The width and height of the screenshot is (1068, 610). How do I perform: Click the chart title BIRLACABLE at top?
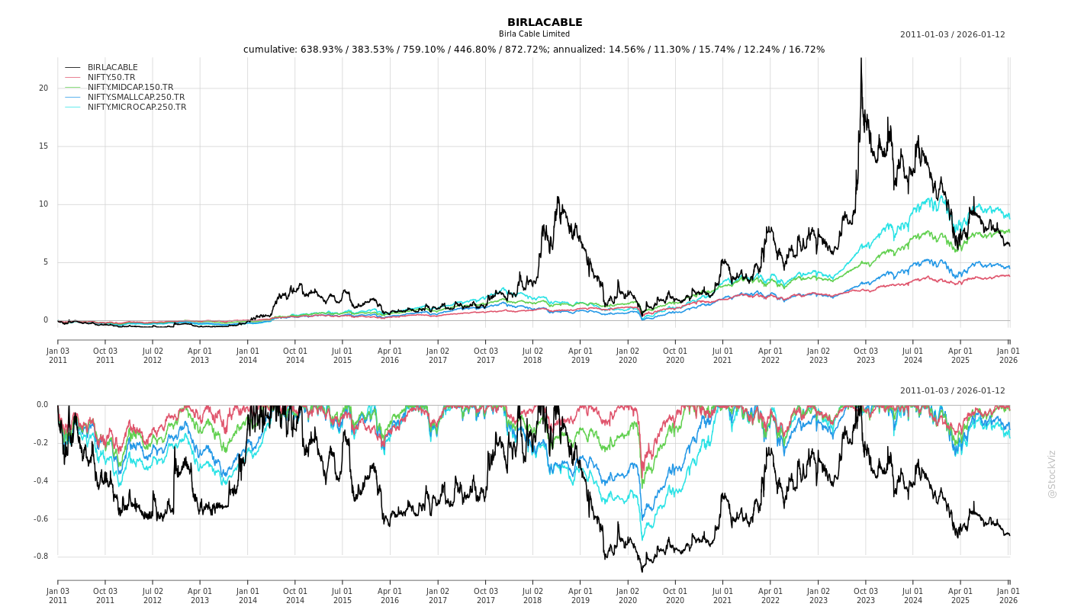[x=545, y=23]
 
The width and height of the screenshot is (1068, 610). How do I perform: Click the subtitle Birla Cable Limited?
[x=534, y=34]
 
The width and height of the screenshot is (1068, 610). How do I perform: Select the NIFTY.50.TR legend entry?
[x=111, y=78]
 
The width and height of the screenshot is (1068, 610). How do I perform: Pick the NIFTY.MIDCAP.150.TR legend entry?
[x=130, y=88]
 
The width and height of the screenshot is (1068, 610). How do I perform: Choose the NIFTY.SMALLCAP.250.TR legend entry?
[x=136, y=98]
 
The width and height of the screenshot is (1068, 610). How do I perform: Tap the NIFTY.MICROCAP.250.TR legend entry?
[x=137, y=108]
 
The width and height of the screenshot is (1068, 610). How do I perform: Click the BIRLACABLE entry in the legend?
[x=113, y=68]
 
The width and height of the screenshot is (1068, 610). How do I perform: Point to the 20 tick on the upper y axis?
[x=43, y=88]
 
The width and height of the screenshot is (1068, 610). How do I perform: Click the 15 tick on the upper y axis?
[x=43, y=146]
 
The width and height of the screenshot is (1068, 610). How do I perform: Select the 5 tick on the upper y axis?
[x=46, y=262]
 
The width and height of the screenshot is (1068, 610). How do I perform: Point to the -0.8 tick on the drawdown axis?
[x=40, y=557]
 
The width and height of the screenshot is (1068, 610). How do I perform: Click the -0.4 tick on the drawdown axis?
[x=40, y=481]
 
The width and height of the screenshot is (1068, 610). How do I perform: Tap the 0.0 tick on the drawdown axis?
[x=42, y=405]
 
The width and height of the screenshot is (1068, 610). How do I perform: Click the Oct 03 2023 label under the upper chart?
[x=866, y=355]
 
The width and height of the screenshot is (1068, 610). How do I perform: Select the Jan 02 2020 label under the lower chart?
[x=628, y=596]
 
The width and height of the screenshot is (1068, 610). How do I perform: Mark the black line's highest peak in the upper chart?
[x=861, y=59]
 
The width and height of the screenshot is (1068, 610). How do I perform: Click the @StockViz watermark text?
[x=1052, y=474]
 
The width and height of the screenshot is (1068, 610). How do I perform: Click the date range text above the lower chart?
[x=952, y=391]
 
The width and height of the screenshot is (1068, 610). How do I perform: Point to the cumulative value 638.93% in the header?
[x=321, y=50]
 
